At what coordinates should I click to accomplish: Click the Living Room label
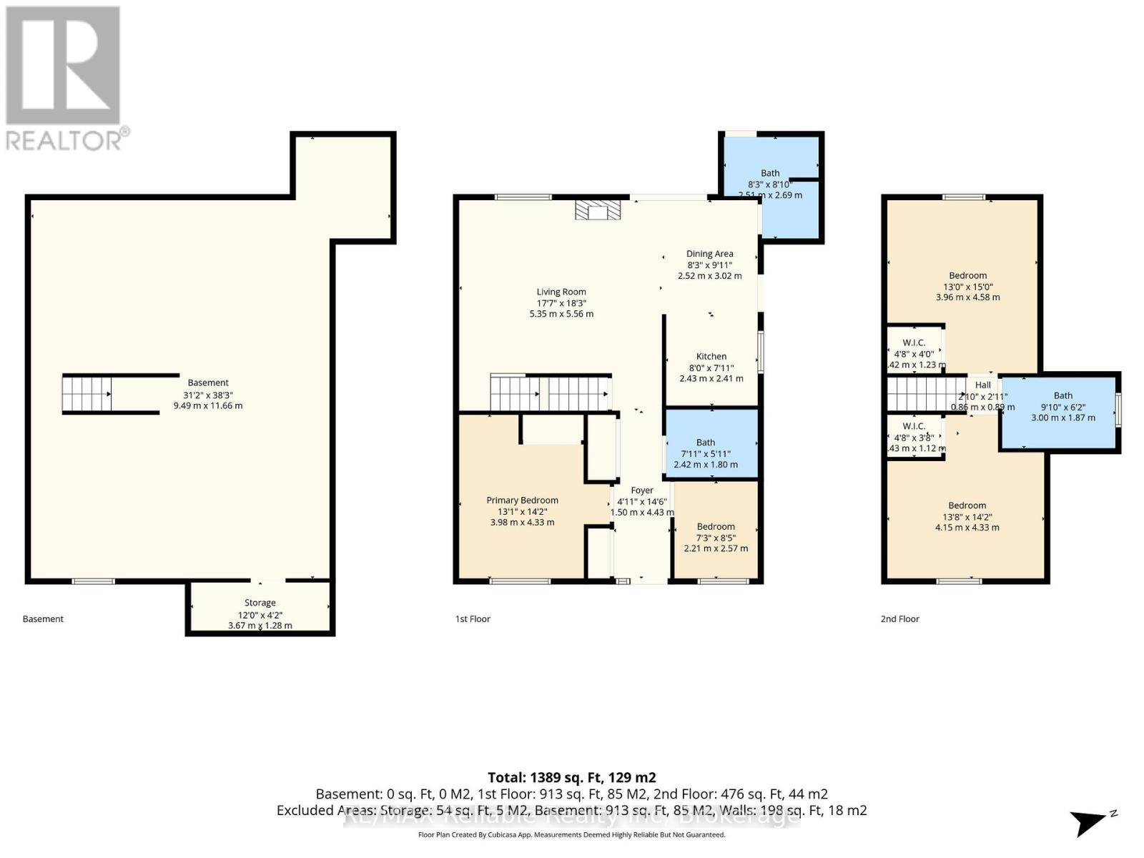click(x=561, y=292)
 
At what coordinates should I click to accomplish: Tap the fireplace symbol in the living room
click(x=598, y=209)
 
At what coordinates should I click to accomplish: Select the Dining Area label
click(x=709, y=254)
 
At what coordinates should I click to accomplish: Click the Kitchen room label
click(x=711, y=357)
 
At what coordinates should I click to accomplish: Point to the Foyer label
click(x=641, y=490)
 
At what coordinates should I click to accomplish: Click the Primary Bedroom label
click(x=522, y=500)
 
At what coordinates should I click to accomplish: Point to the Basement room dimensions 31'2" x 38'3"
click(x=208, y=395)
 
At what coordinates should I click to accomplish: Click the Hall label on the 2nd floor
click(x=982, y=385)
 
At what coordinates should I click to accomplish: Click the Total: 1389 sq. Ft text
click(x=571, y=777)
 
